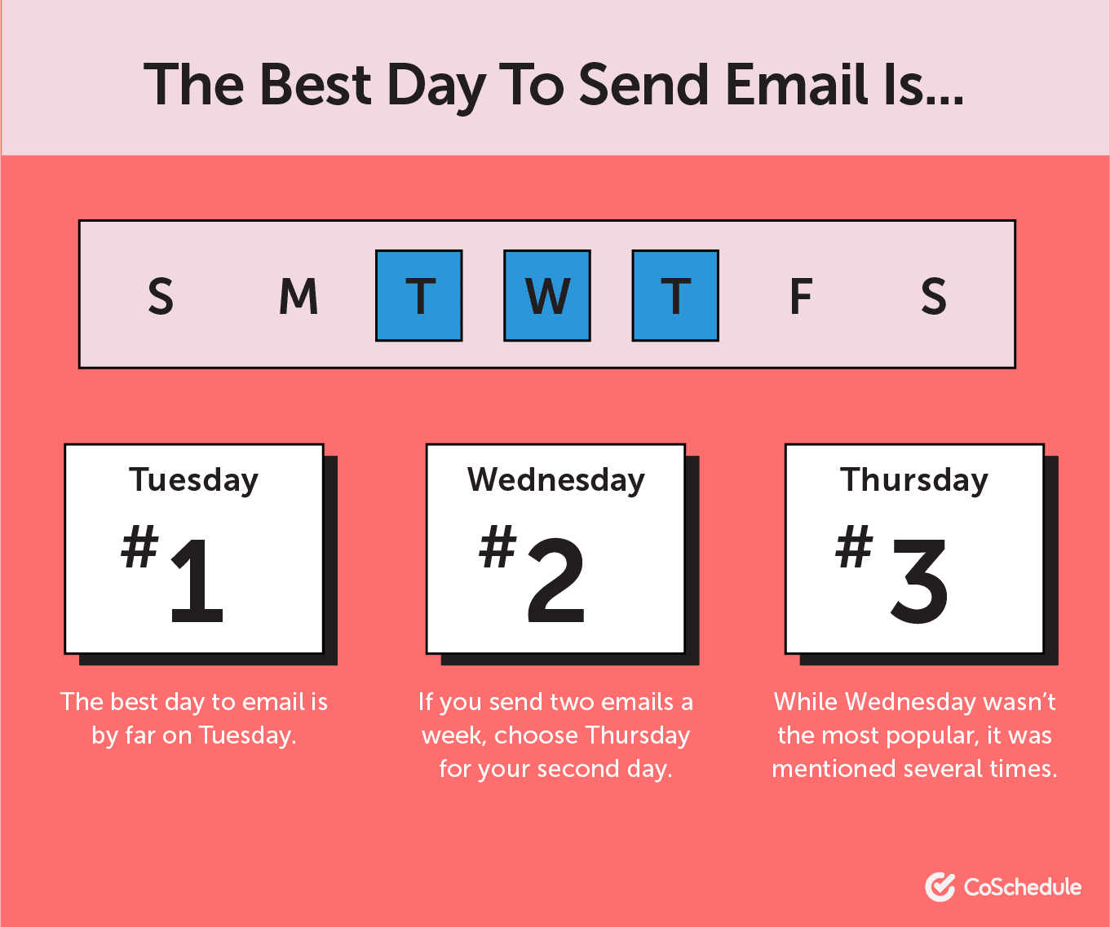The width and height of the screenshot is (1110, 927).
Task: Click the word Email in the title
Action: [x=797, y=84]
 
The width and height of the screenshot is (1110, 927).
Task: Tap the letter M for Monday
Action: [x=299, y=295]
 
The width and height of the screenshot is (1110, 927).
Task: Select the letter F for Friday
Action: [x=801, y=295]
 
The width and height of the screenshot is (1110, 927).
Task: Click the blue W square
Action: [x=547, y=295]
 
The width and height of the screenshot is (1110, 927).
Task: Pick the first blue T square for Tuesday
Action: [x=419, y=295]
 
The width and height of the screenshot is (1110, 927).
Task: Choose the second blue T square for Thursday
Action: [x=675, y=295]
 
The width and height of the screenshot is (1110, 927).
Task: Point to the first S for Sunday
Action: [x=161, y=295]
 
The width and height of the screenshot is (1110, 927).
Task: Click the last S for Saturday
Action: [x=934, y=295]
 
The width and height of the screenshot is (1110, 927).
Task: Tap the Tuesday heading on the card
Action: [x=193, y=480]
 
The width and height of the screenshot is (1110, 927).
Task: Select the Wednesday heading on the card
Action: [x=556, y=480]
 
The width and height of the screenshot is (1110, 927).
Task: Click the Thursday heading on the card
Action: [x=914, y=480]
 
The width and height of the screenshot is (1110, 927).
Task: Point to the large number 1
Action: [x=197, y=580]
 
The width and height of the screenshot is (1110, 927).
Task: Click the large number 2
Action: [x=556, y=580]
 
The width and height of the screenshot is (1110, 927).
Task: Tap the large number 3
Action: [x=919, y=580]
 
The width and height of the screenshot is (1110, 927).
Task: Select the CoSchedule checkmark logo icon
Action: [x=940, y=886]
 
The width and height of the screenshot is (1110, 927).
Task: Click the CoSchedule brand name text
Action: [x=1022, y=887]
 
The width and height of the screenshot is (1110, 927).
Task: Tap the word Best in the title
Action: [x=316, y=84]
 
